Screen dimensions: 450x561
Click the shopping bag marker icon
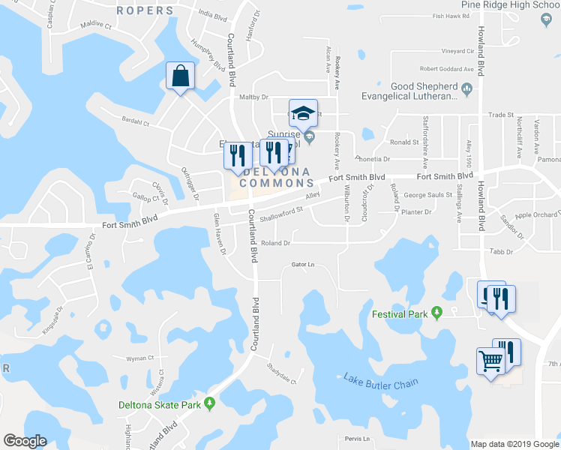click(x=181, y=76)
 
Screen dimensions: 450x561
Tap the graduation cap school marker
click(x=303, y=113)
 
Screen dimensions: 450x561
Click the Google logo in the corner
click(x=25, y=441)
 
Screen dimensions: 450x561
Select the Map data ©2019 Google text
click(x=514, y=444)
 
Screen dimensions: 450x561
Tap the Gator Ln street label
click(x=301, y=265)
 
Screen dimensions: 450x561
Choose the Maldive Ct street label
click(x=95, y=25)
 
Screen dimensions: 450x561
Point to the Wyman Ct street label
click(x=140, y=358)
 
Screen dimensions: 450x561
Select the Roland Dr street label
click(x=275, y=243)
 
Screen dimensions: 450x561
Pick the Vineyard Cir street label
click(x=458, y=52)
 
